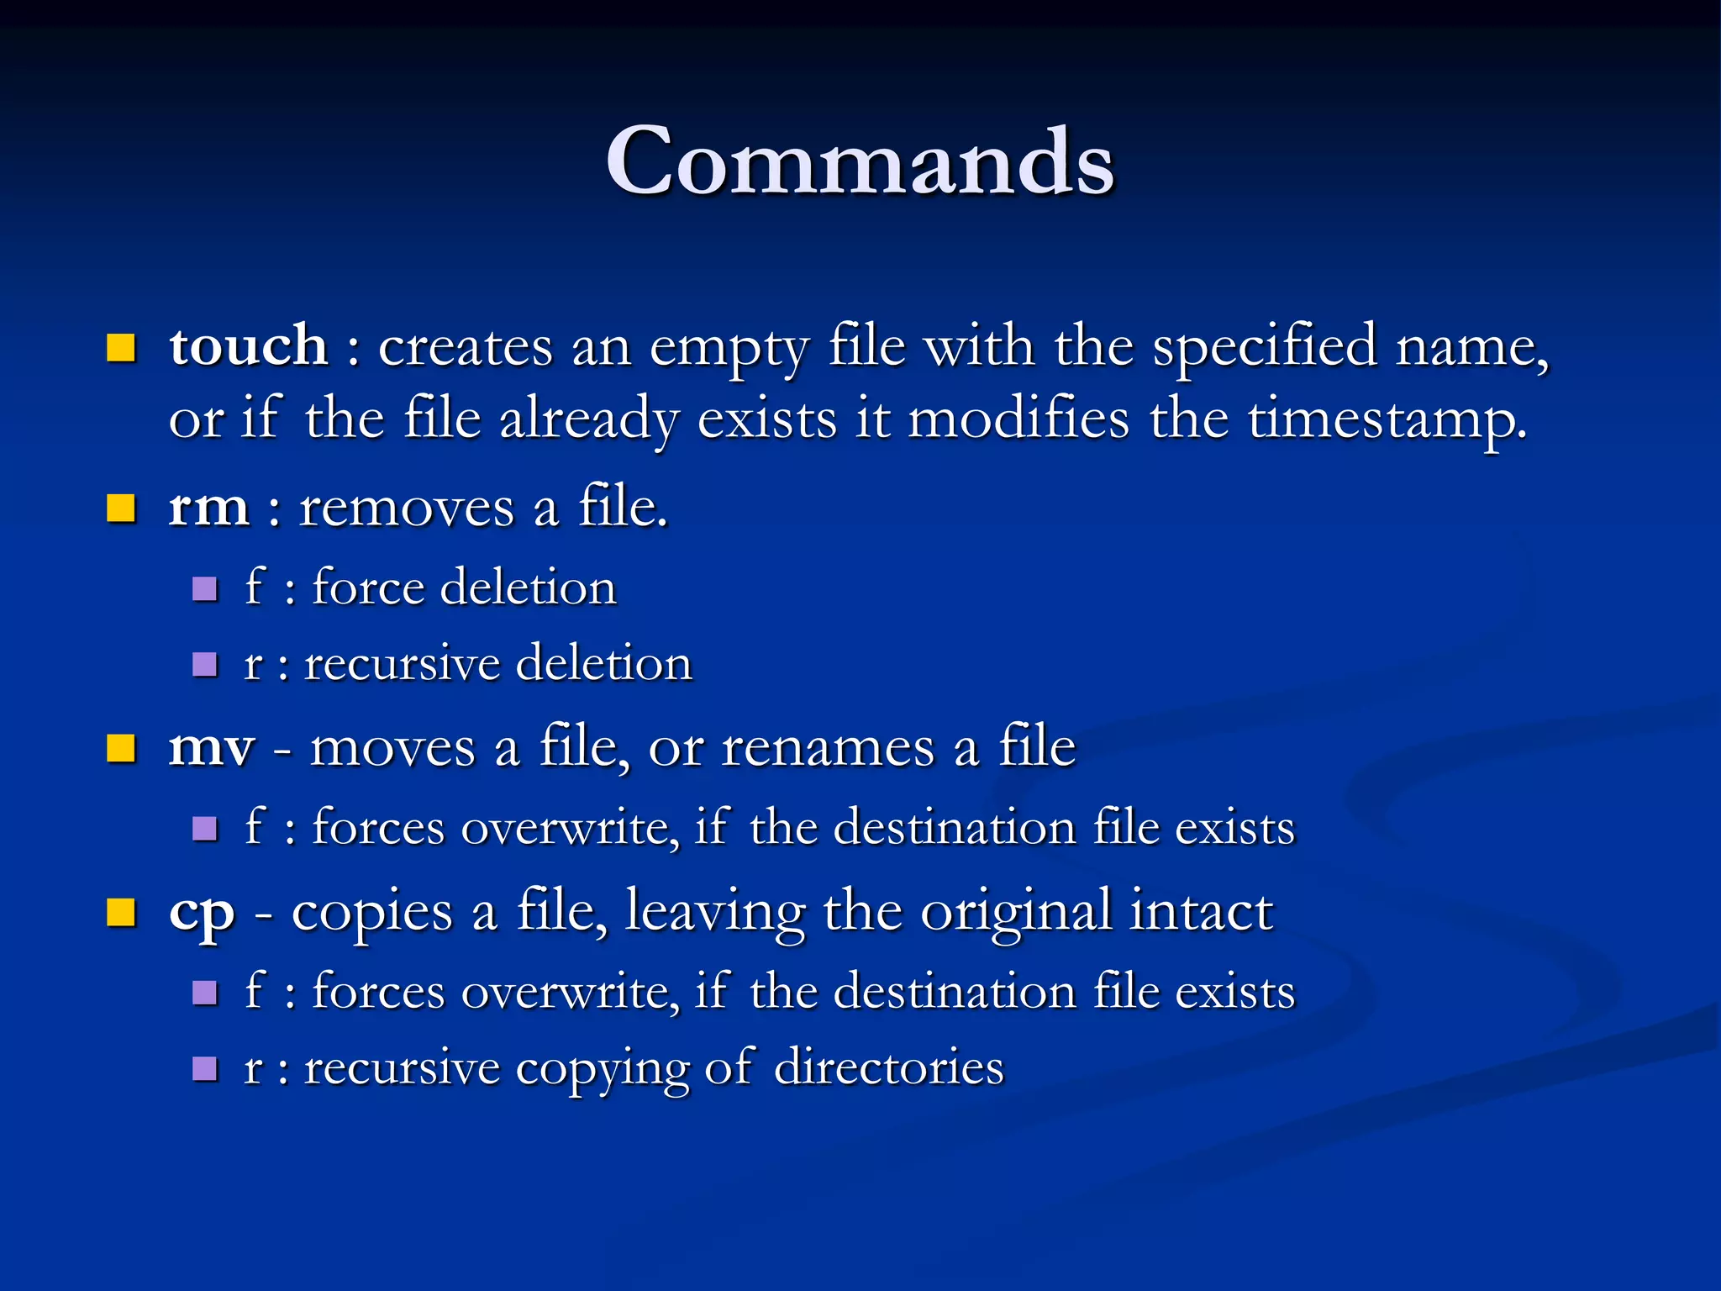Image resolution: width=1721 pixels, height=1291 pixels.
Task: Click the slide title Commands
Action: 860,161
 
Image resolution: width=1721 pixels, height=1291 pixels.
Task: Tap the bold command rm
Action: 208,508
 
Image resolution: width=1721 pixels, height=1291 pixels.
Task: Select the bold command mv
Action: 211,746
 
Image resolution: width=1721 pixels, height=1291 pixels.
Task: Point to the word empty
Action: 729,347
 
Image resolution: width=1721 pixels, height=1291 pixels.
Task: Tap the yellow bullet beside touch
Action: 121,347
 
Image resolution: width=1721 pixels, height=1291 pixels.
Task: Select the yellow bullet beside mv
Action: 121,747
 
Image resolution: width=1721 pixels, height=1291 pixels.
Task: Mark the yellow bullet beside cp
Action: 121,912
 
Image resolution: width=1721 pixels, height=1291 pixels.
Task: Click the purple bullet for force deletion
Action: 205,588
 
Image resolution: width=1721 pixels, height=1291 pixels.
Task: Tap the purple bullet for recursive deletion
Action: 205,665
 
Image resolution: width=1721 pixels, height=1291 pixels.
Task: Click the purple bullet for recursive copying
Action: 205,1069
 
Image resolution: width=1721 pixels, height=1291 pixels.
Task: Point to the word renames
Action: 828,746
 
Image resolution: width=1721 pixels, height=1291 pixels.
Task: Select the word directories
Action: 888,1067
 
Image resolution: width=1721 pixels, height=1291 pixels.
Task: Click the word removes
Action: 406,508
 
